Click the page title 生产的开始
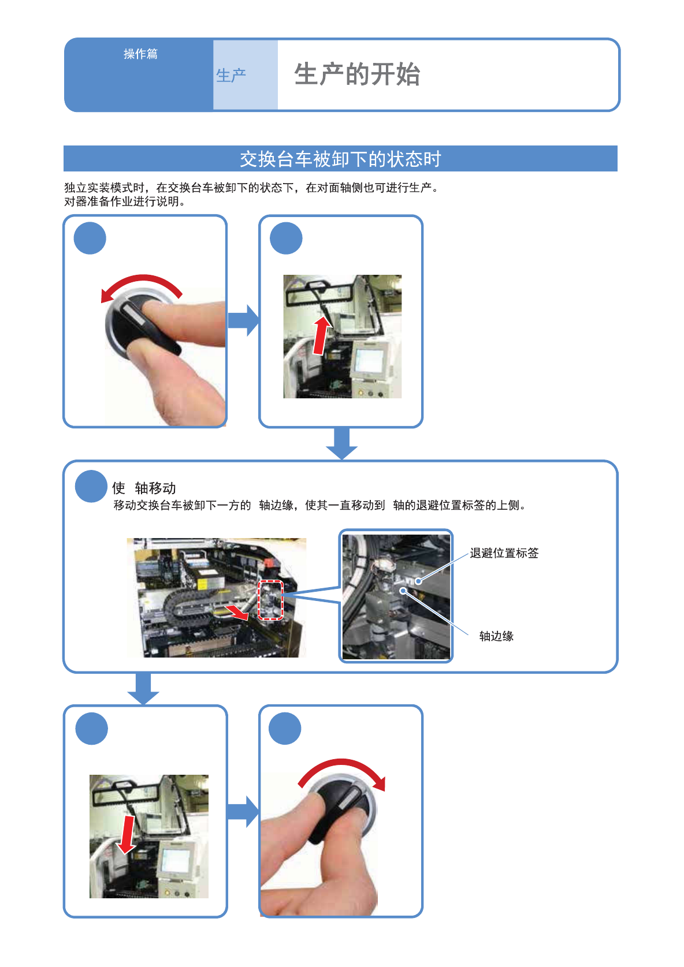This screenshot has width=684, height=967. point(356,74)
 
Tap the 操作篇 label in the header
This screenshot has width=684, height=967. point(140,54)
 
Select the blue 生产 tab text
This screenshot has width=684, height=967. point(231,75)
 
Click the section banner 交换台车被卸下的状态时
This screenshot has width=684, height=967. point(340,159)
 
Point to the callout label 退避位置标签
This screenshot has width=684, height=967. point(504,553)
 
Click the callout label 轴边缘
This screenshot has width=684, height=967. point(496,636)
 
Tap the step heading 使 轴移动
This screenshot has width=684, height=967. point(144,488)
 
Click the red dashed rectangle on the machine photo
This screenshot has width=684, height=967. point(270,600)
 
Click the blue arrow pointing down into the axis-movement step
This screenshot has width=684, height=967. point(341,443)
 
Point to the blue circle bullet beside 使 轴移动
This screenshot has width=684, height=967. point(91,487)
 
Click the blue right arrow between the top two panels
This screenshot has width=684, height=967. point(243,320)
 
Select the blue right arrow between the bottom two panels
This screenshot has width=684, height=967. point(243,812)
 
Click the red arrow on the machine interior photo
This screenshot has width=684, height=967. point(237,613)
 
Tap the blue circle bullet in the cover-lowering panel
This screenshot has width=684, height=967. point(92,729)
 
